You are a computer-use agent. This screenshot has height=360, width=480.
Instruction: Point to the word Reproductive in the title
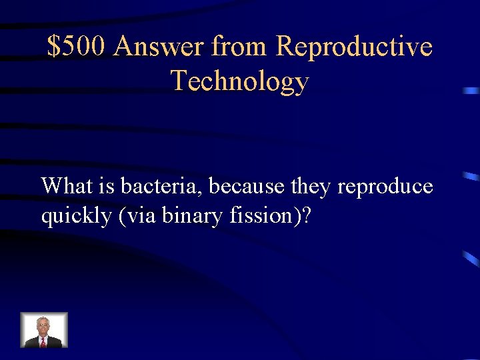click(x=354, y=47)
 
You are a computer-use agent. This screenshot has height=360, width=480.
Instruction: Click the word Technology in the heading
click(x=240, y=81)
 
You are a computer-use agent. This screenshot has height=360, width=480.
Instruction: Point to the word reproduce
click(x=385, y=187)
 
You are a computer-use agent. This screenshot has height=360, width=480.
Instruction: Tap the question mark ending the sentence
click(x=305, y=216)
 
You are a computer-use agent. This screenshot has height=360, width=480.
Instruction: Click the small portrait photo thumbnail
click(x=44, y=330)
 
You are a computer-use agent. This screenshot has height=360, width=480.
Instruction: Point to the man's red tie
click(x=43, y=342)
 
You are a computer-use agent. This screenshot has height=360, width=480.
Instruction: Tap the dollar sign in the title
click(x=54, y=47)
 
